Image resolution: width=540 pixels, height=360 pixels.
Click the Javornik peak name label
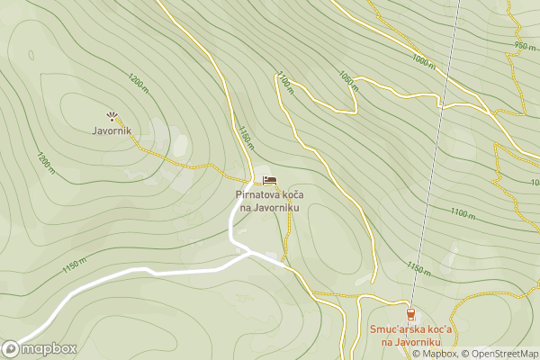pyautogui.click(x=112, y=130)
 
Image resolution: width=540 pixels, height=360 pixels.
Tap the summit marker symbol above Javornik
pyautogui.click(x=112, y=115)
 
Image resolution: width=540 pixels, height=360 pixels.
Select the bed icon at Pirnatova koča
pyautogui.click(x=269, y=180)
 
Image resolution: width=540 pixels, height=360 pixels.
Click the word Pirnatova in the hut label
pyautogui.click(x=255, y=194)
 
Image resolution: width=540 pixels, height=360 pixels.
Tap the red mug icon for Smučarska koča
pyautogui.click(x=410, y=314)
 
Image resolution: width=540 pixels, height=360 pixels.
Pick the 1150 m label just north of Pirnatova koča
pyautogui.click(x=246, y=137)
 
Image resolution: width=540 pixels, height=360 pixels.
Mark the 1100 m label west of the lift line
pyautogui.click(x=285, y=84)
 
